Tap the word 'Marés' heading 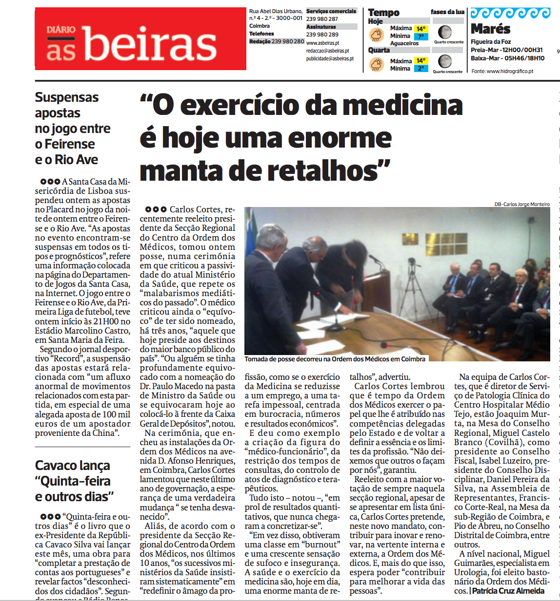pyautogui.click(x=490, y=29)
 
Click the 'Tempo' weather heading pyautogui.click(x=383, y=13)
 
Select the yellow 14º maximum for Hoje pyautogui.click(x=421, y=29)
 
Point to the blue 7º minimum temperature pyautogui.click(x=420, y=37)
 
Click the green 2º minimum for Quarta pyautogui.click(x=420, y=69)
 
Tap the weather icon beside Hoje pyautogui.click(x=377, y=35)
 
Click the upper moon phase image pyautogui.click(x=444, y=33)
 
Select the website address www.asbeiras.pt pyautogui.click(x=322, y=43)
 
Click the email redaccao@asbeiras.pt pyautogui.click(x=327, y=51)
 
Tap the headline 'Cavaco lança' pyautogui.click(x=72, y=466)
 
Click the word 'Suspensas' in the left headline pyautogui.click(x=67, y=97)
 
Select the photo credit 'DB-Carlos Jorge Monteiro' pyautogui.click(x=522, y=205)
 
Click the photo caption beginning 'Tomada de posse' pyautogui.click(x=335, y=359)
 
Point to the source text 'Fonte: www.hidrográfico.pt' pyautogui.click(x=502, y=71)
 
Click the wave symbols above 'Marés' pyautogui.click(x=510, y=13)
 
